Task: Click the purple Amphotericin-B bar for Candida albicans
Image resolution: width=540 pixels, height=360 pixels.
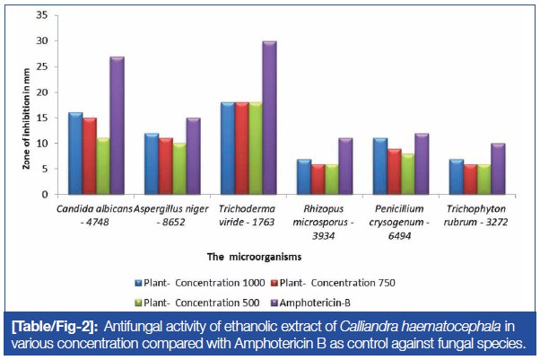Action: (117, 126)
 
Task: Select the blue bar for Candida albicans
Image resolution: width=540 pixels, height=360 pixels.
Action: (75, 154)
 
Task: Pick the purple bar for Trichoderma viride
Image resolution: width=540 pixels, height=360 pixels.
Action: (269, 118)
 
